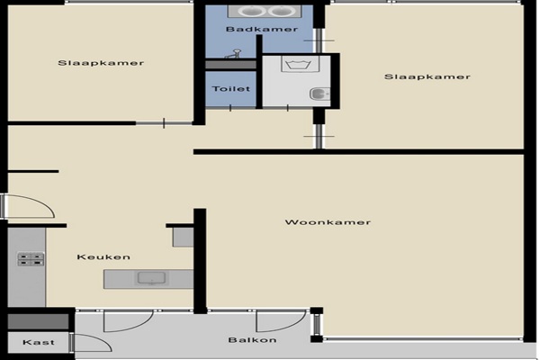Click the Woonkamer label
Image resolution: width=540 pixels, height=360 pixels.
click(x=328, y=222)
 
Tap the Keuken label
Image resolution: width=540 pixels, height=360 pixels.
click(x=103, y=257)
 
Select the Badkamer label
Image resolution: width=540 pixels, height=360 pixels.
click(x=262, y=30)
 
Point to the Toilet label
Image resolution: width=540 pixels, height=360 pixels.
click(x=231, y=89)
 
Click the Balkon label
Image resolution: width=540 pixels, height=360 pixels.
click(x=252, y=340)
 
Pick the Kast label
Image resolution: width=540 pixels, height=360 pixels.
click(x=39, y=342)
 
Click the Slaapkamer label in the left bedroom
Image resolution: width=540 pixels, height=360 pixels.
click(x=101, y=63)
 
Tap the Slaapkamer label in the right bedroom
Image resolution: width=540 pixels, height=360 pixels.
click(x=427, y=76)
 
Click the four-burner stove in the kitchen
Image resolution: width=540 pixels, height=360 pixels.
click(x=31, y=259)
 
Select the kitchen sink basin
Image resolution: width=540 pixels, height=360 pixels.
click(x=151, y=278)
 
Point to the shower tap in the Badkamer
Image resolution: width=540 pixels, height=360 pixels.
click(x=233, y=54)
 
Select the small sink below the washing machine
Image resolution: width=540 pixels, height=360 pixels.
click(x=319, y=94)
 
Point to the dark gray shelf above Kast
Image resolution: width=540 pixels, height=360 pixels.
click(x=38, y=322)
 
